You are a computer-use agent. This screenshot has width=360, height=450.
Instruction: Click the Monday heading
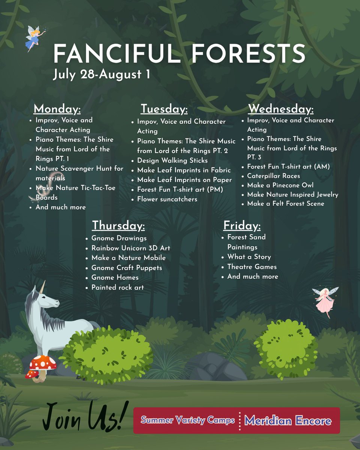(57, 109)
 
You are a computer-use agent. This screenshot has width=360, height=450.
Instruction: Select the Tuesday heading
(164, 109)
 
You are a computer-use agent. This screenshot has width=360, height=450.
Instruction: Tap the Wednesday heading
(280, 109)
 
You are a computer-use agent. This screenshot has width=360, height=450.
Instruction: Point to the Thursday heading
(118, 226)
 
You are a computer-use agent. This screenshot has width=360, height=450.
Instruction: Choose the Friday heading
(242, 226)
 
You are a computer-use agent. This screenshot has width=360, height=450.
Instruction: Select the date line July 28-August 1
(101, 74)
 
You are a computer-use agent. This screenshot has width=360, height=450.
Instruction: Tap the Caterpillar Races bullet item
(273, 176)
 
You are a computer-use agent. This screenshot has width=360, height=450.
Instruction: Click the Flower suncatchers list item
(167, 199)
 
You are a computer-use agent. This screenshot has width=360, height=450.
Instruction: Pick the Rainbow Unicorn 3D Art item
(130, 248)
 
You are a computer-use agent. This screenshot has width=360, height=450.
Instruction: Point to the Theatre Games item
(252, 267)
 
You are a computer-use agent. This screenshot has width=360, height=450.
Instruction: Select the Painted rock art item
(117, 288)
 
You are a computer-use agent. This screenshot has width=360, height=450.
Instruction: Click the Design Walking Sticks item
(172, 160)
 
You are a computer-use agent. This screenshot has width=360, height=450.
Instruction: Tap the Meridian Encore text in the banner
(288, 420)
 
